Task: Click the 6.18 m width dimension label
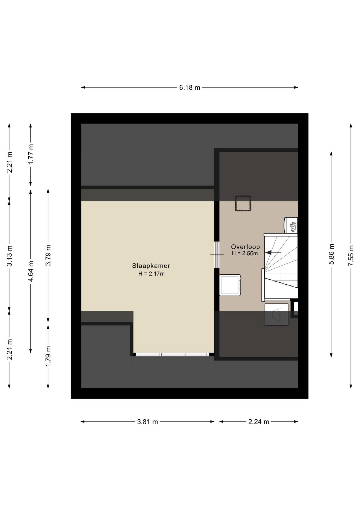190,87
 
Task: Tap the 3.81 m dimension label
147,422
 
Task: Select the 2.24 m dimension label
258,422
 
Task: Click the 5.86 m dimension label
331,254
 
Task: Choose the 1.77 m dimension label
31,154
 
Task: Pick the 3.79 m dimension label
48,255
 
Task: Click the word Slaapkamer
151,266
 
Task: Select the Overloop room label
245,247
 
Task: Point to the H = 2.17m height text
151,274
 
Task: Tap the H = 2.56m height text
245,253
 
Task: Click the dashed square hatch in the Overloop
243,204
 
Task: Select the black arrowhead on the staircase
268,253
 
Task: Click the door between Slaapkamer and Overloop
217,254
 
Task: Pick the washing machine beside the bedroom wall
230,285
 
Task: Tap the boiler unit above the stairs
291,225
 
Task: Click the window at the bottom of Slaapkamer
172,354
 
